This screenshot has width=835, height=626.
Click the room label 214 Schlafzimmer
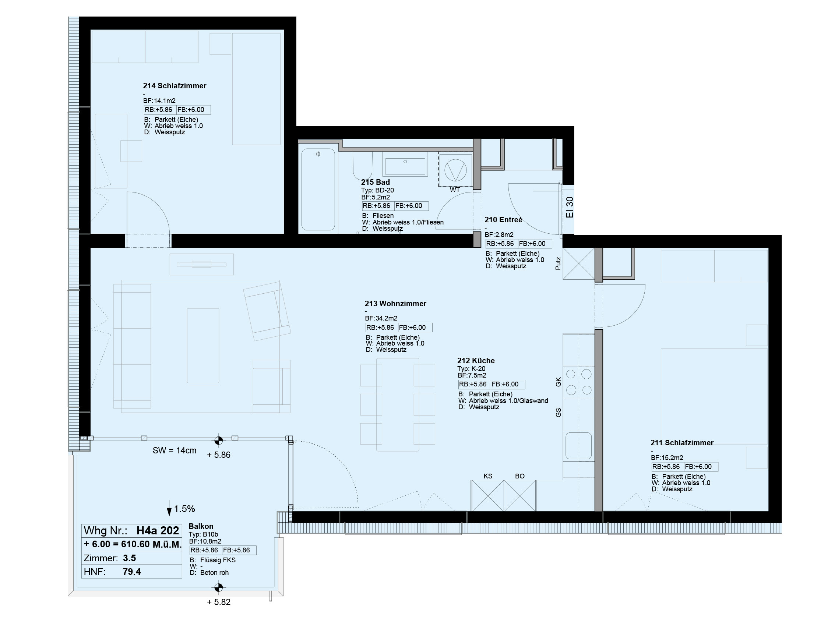(x=175, y=86)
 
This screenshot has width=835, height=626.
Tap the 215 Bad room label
(x=375, y=182)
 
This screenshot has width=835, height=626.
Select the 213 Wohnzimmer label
(x=395, y=303)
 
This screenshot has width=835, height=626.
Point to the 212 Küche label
(x=476, y=360)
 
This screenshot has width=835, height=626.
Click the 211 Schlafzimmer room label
(x=682, y=443)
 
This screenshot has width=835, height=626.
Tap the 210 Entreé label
(x=503, y=220)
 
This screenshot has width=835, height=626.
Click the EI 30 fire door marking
(x=570, y=207)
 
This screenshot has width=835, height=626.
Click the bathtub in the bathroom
(x=318, y=190)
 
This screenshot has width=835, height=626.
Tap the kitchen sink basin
(x=578, y=446)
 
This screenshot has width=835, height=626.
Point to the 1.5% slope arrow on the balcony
(x=169, y=508)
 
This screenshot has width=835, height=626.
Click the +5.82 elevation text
(x=219, y=602)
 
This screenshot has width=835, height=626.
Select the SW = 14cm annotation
(x=175, y=450)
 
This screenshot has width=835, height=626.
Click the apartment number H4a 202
(x=158, y=531)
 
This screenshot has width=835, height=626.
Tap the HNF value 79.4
(x=132, y=572)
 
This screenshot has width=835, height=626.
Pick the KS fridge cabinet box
(x=487, y=495)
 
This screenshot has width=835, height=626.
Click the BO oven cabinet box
(x=520, y=495)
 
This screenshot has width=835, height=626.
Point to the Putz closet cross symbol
(x=579, y=264)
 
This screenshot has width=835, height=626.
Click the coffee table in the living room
(x=203, y=346)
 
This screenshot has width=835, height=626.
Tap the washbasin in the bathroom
(x=405, y=164)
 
